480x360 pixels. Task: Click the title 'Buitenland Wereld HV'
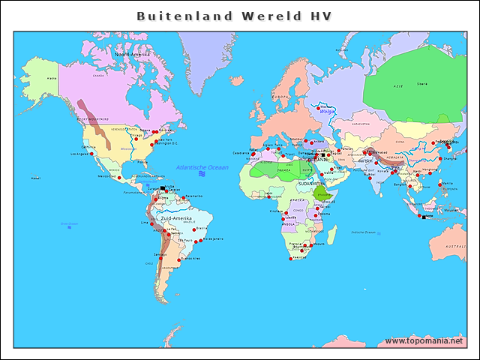click(x=235, y=16)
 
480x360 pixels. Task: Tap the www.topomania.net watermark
click(x=424, y=340)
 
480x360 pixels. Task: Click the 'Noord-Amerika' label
click(x=132, y=55)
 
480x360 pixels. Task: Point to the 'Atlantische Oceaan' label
click(x=202, y=167)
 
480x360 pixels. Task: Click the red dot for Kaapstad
click(x=291, y=259)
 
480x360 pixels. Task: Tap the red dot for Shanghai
click(x=441, y=158)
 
